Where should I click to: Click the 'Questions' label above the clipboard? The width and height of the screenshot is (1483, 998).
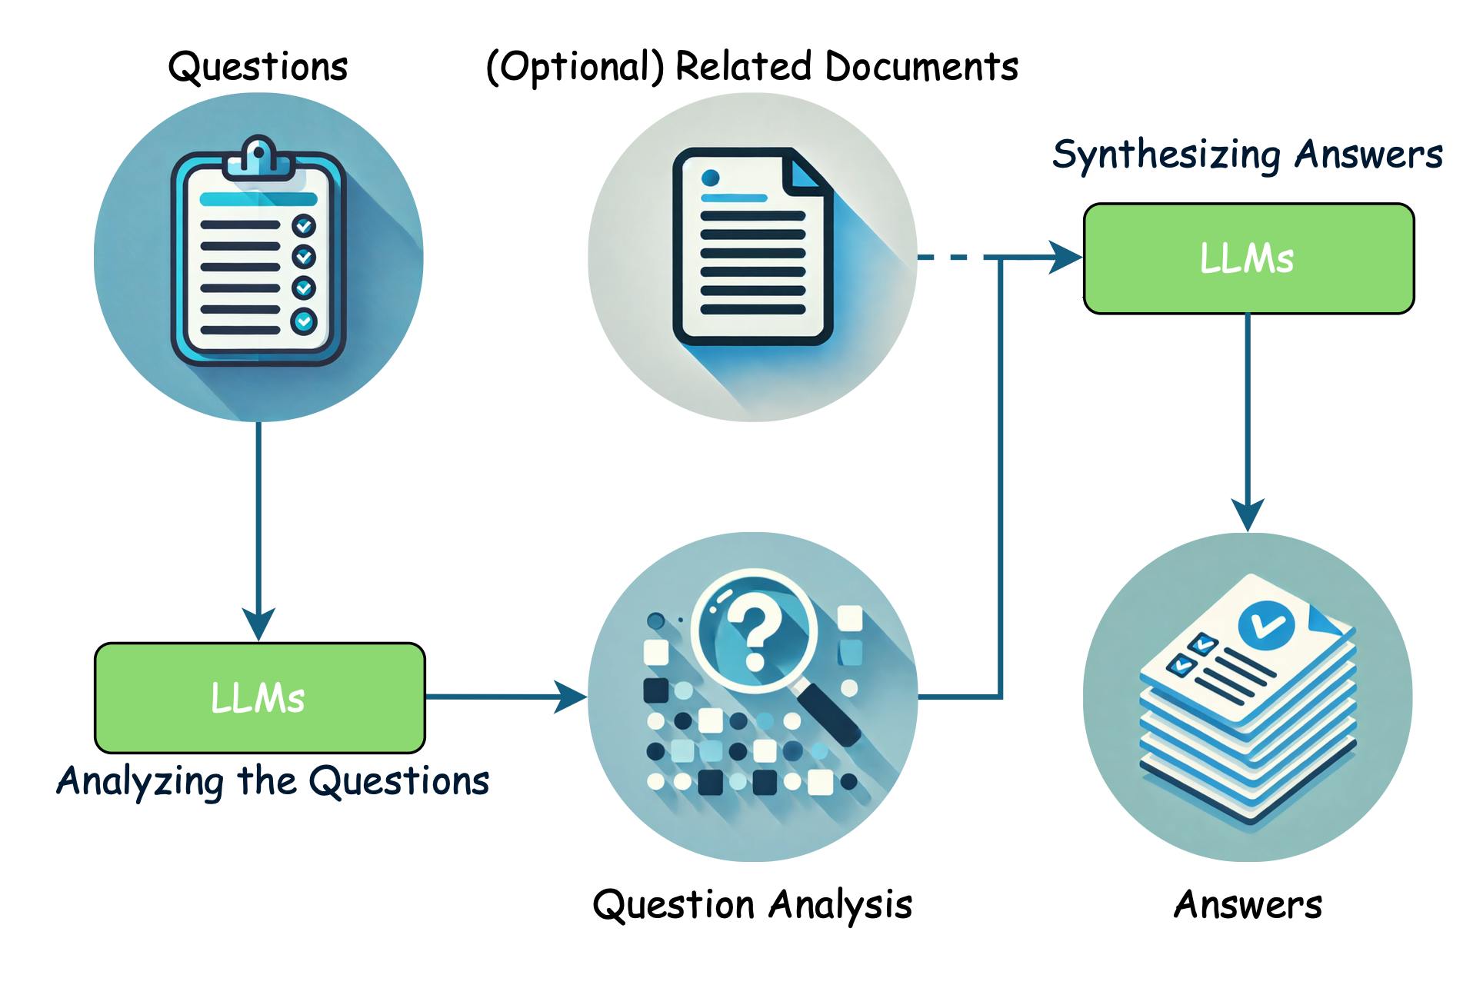pyautogui.click(x=258, y=67)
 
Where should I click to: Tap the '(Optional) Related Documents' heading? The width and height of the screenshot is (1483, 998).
pyautogui.click(x=751, y=67)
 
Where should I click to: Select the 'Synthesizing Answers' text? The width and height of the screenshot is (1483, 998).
pyautogui.click(x=1247, y=155)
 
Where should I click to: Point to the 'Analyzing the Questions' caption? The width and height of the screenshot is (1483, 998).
pyautogui.click(x=272, y=781)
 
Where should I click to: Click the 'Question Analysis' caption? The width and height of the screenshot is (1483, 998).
pyautogui.click(x=751, y=904)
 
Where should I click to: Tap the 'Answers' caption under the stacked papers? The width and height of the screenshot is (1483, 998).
pyautogui.click(x=1247, y=904)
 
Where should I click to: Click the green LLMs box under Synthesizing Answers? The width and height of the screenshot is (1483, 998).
pyautogui.click(x=1248, y=258)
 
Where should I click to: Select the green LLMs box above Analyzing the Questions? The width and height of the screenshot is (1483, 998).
pyautogui.click(x=259, y=697)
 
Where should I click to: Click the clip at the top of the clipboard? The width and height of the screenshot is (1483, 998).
pyautogui.click(x=258, y=156)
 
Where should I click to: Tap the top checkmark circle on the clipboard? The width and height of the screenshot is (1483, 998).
pyautogui.click(x=304, y=226)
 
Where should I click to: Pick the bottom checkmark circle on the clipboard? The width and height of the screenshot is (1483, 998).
pyautogui.click(x=304, y=321)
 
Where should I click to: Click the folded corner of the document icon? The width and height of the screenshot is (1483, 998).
pyautogui.click(x=805, y=171)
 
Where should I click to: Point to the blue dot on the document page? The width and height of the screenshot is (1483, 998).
pyautogui.click(x=710, y=178)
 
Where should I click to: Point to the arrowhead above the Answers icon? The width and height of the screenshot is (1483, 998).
pyautogui.click(x=1247, y=514)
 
